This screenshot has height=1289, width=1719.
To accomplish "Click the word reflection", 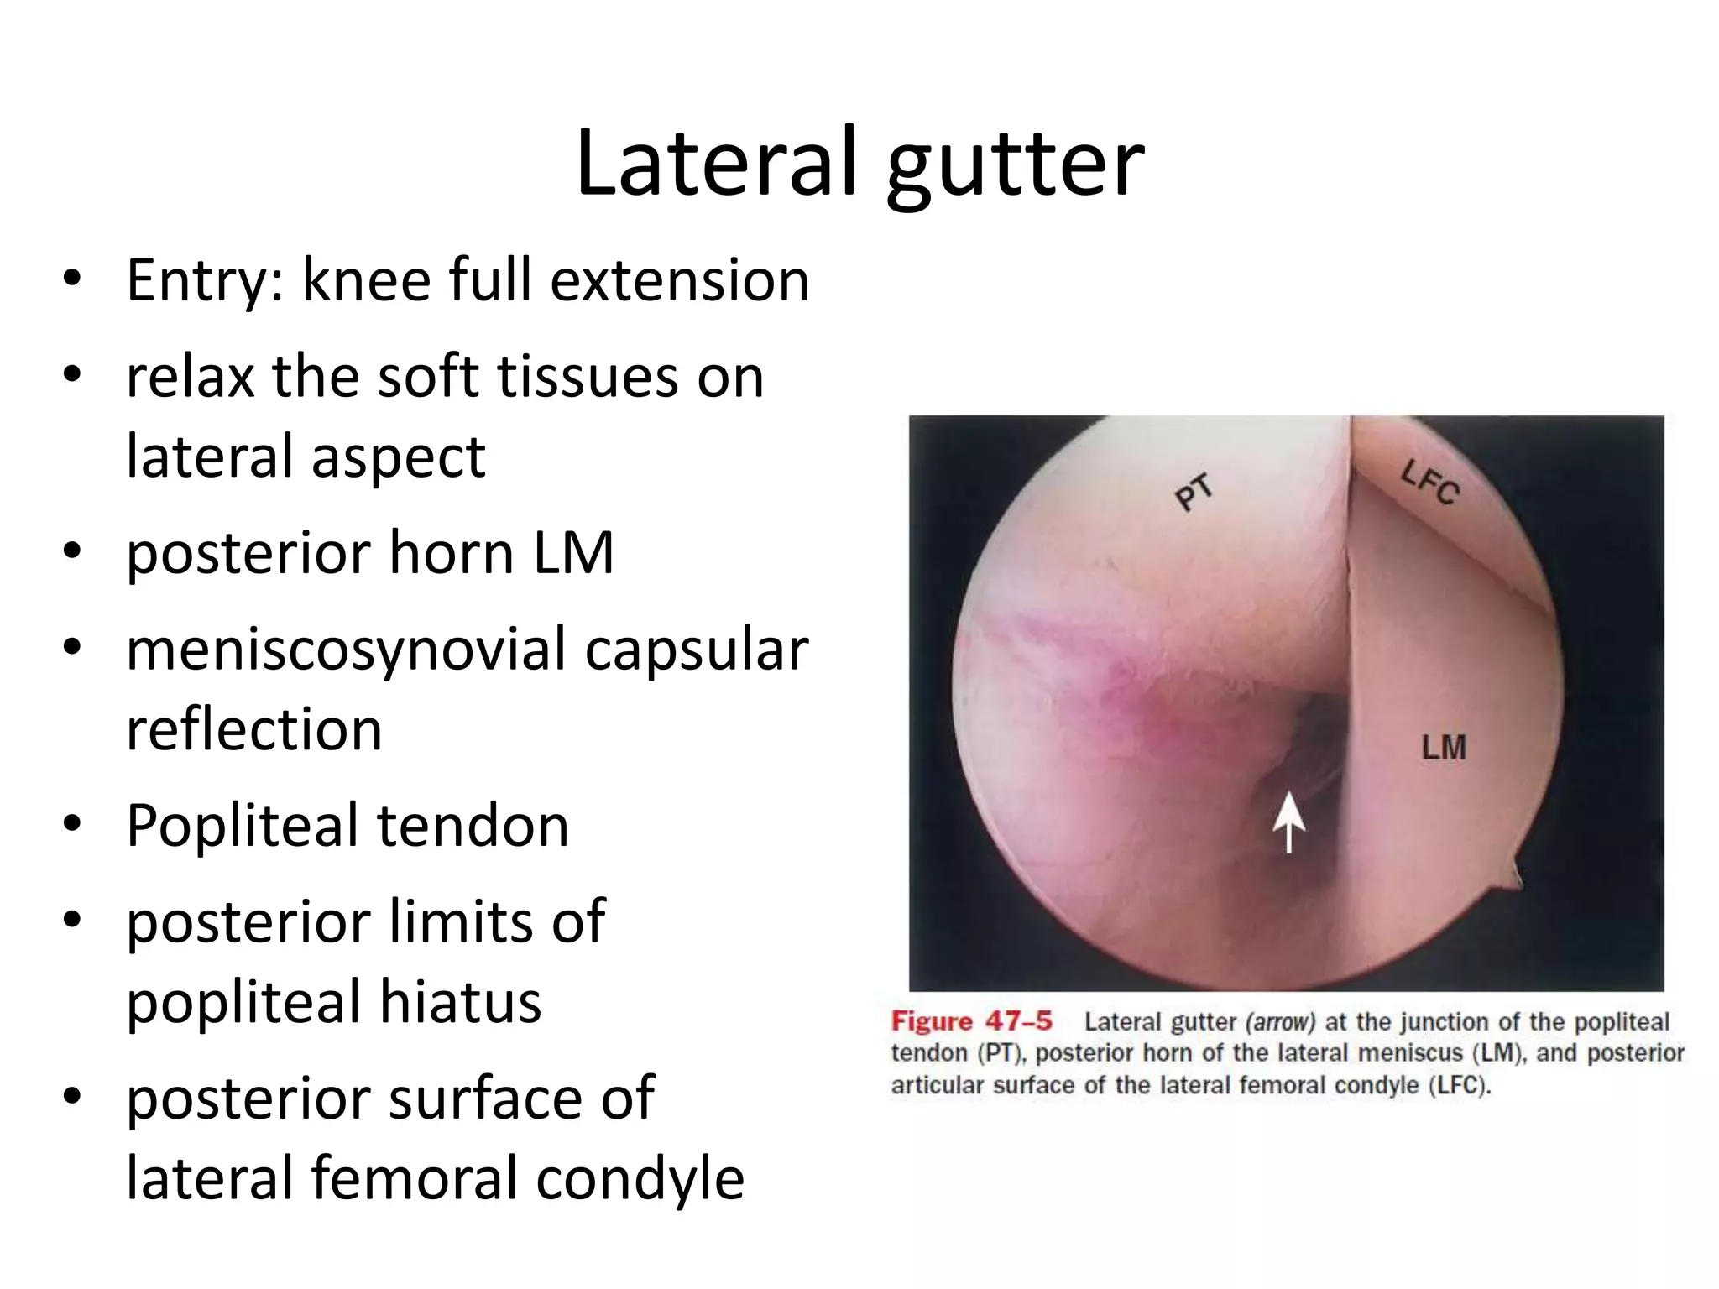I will (254, 728).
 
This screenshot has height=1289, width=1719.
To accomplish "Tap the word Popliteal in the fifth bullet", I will (244, 827).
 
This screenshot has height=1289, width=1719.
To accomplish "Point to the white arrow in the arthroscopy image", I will (1288, 822).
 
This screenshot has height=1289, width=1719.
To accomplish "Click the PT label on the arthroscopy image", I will (1193, 492).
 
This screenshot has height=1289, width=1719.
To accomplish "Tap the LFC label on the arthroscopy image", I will (1429, 482).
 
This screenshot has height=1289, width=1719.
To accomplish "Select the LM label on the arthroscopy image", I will (1443, 747).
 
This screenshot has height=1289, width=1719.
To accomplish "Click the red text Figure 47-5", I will (971, 1021).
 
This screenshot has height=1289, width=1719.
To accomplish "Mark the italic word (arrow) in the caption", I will (1280, 1022).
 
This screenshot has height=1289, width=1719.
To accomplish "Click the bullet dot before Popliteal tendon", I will (72, 824).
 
